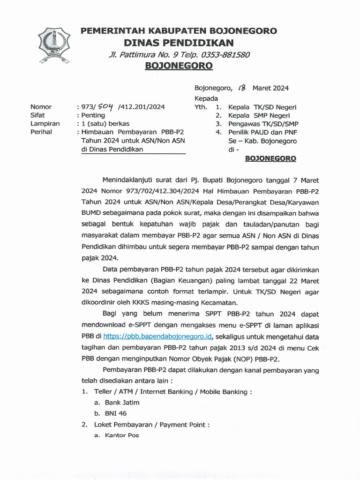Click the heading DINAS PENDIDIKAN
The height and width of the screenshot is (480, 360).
178,43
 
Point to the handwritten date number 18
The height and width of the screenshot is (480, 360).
242,88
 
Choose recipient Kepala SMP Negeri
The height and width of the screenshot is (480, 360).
259,115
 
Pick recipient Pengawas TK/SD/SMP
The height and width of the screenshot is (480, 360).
263,124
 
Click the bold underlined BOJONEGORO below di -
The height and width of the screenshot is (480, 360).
270,158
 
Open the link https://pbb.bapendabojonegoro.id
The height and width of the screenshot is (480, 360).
158,336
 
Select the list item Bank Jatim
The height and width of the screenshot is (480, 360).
122,402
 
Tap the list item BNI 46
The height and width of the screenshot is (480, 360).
116,413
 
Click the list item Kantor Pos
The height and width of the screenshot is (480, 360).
122,435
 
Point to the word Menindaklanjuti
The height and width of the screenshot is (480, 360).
128,180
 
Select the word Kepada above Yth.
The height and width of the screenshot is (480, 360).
206,98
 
